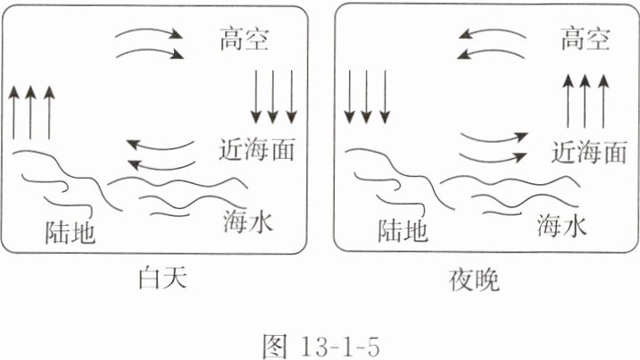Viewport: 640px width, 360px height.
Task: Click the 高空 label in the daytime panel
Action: click(x=243, y=39)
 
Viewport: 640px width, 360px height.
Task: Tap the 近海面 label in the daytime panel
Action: click(x=256, y=148)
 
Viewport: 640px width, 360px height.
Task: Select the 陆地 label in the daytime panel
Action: click(x=70, y=232)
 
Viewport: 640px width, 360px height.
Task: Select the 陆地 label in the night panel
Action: click(x=403, y=232)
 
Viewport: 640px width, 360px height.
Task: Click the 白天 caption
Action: click(x=162, y=280)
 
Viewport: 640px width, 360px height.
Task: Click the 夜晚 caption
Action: click(x=474, y=280)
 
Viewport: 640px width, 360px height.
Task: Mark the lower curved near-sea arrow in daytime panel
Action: click(x=161, y=163)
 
